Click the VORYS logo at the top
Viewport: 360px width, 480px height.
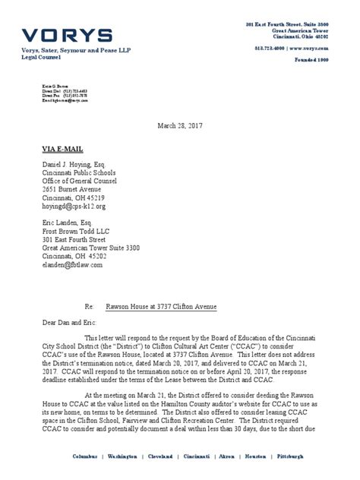pyautogui.click(x=67, y=35)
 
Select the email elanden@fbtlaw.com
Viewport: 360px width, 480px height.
pyautogui.click(x=72, y=265)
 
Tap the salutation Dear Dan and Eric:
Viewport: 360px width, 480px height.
pyautogui.click(x=73, y=323)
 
